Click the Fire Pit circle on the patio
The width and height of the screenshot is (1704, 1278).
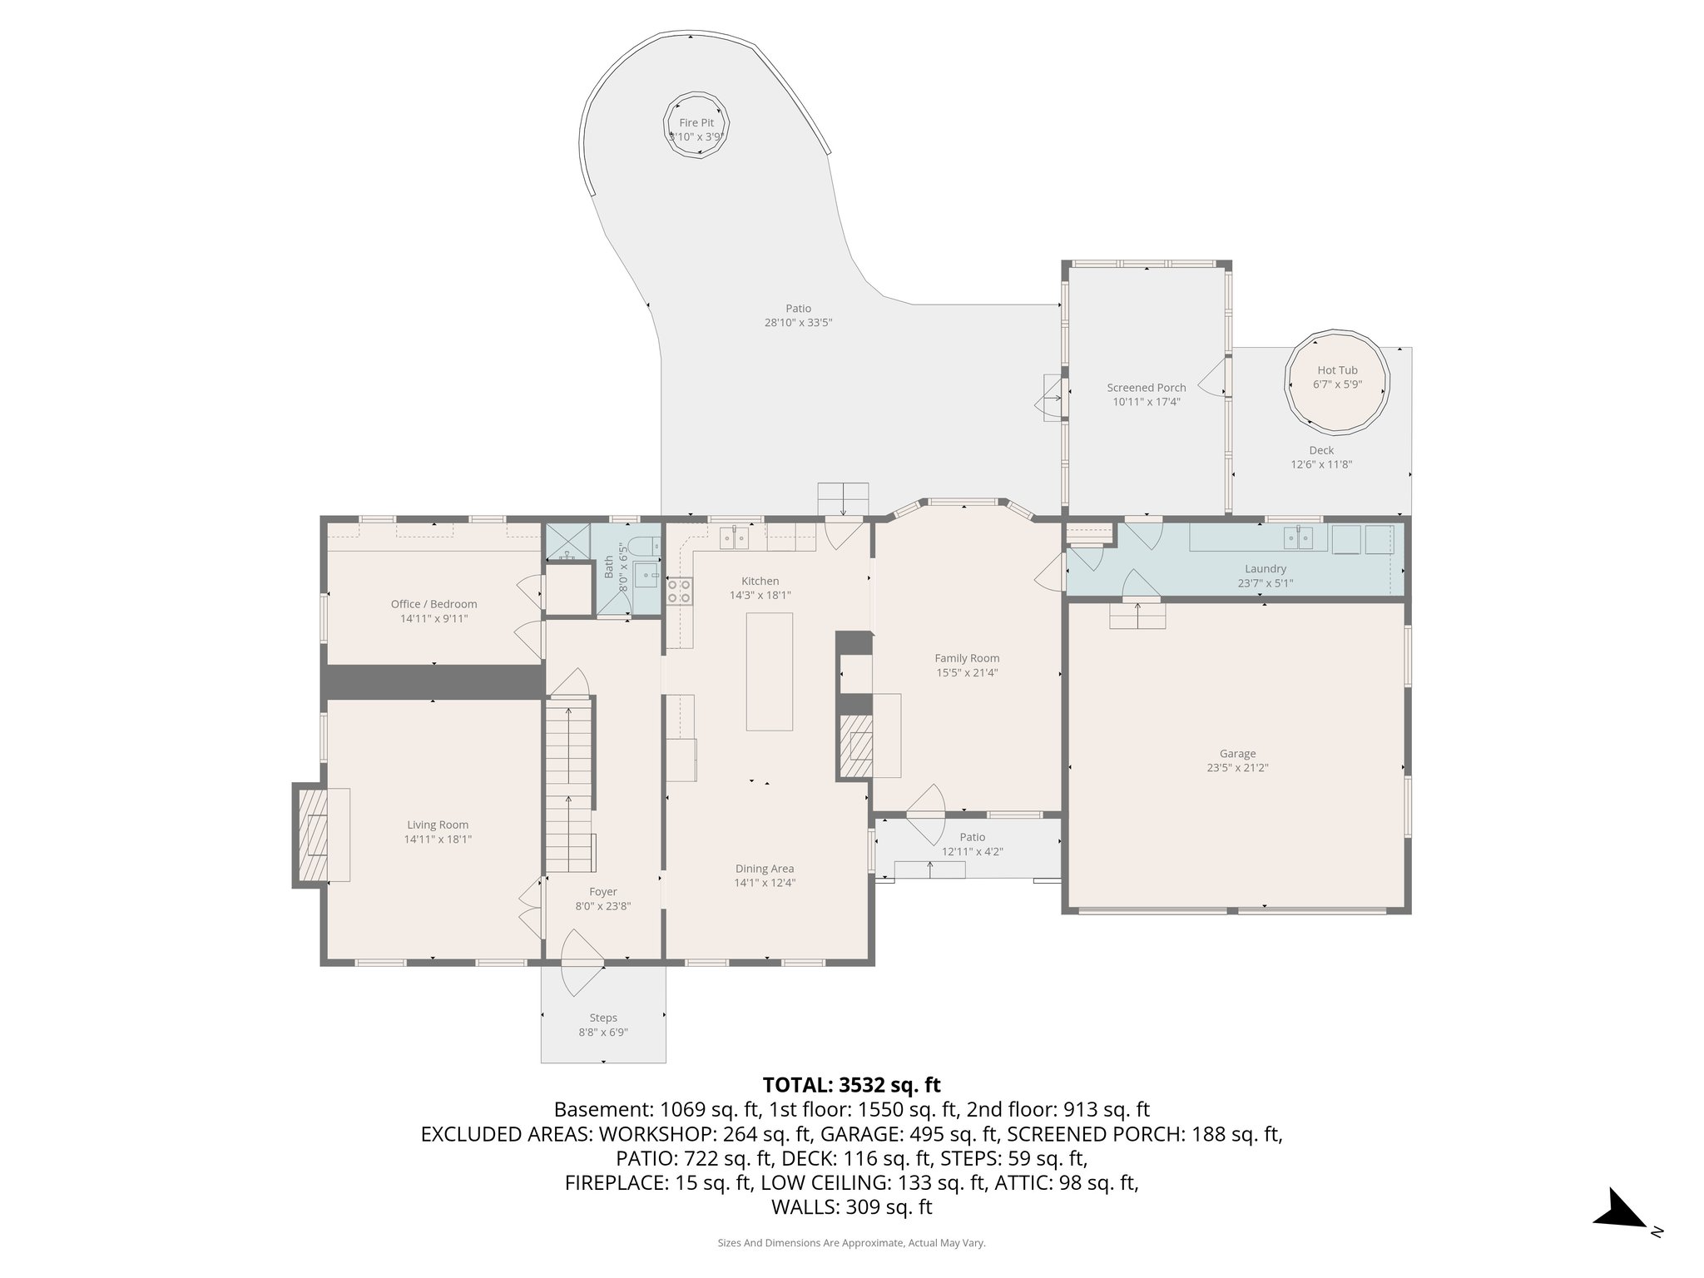696,129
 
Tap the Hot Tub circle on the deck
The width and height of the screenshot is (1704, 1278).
1337,384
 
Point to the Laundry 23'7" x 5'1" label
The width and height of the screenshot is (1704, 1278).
1265,576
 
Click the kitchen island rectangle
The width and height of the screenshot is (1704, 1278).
769,671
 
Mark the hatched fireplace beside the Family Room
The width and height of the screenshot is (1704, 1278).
854,745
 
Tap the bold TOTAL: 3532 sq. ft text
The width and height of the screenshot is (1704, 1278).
851,1085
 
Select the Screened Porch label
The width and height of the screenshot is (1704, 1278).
1146,394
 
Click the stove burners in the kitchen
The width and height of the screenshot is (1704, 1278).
679,591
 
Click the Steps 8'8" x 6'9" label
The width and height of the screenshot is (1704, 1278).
603,1024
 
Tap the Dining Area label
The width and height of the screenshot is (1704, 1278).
764,875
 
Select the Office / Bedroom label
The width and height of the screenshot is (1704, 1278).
433,611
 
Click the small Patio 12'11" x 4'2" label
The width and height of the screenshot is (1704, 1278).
972,844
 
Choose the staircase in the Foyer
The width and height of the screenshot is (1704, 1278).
569,785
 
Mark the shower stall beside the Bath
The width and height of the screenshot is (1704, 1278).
567,542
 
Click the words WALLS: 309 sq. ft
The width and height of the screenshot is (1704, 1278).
851,1206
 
